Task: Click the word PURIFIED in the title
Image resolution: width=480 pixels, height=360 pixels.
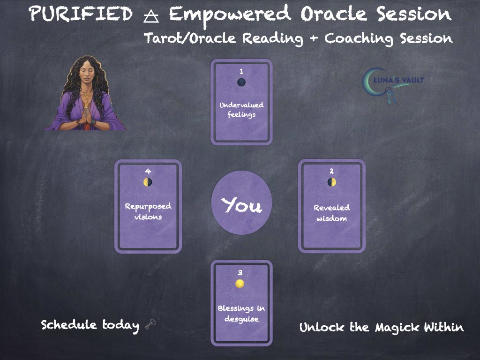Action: (x=81, y=15)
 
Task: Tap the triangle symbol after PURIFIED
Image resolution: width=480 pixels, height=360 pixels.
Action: (x=151, y=16)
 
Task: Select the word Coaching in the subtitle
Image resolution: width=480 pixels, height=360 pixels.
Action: (x=359, y=39)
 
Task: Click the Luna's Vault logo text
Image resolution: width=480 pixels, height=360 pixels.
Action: (x=399, y=80)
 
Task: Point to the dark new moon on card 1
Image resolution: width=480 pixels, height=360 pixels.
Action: (x=241, y=82)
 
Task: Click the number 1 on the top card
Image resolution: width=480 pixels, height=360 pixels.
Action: (x=241, y=71)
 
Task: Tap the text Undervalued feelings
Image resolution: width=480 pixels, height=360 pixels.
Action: (x=241, y=110)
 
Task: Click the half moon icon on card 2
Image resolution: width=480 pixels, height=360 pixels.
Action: (x=331, y=182)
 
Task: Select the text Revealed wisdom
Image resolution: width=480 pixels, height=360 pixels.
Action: (x=332, y=213)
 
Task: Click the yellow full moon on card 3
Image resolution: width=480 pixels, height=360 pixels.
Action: (x=240, y=284)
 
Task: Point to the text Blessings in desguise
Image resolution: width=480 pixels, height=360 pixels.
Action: (x=241, y=314)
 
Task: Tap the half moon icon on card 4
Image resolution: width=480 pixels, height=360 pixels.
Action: (x=148, y=182)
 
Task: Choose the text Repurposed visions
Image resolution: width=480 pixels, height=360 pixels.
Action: (x=148, y=211)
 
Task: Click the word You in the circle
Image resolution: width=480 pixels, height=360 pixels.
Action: (x=242, y=205)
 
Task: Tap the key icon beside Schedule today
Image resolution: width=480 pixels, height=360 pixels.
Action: (x=150, y=324)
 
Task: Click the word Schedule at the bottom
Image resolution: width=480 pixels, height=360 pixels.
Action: (x=69, y=324)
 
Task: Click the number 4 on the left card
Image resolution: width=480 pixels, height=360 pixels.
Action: (x=148, y=172)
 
